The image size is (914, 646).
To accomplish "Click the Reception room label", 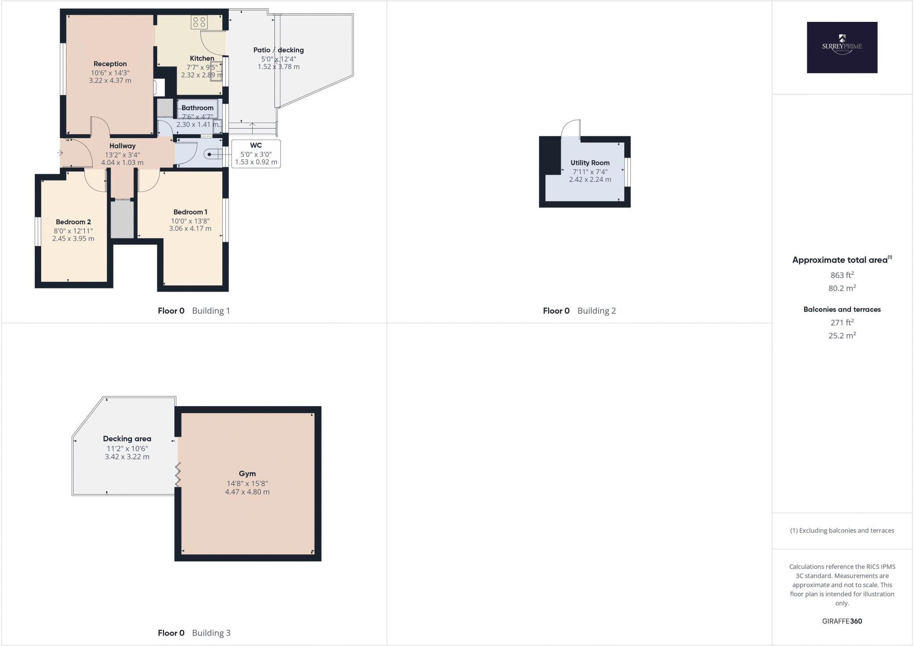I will (x=110, y=64).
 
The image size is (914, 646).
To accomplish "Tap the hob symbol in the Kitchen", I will (x=199, y=22).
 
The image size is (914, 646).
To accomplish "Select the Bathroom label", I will (x=197, y=108).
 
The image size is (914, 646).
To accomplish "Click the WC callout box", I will (x=256, y=154).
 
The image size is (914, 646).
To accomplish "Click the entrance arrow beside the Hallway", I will (x=60, y=153).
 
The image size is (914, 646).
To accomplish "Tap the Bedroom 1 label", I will (x=190, y=212).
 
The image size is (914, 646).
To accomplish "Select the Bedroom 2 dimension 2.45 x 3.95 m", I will (x=73, y=239).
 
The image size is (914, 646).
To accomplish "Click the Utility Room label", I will (x=590, y=163).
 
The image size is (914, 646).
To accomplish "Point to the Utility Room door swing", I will (x=570, y=129).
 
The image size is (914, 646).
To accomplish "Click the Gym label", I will (x=247, y=474).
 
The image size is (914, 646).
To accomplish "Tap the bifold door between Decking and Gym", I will (x=178, y=474).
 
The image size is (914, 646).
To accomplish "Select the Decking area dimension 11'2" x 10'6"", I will (x=127, y=449).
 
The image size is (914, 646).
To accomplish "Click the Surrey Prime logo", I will (x=842, y=47).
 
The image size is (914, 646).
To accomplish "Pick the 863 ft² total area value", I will (x=842, y=275).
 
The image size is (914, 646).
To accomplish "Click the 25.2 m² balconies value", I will (x=842, y=336).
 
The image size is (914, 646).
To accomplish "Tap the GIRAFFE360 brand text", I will (x=842, y=621).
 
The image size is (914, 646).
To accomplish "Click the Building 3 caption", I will (x=211, y=633).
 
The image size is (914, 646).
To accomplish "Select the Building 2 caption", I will (x=596, y=310).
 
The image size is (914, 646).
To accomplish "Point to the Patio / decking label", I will (x=278, y=50).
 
